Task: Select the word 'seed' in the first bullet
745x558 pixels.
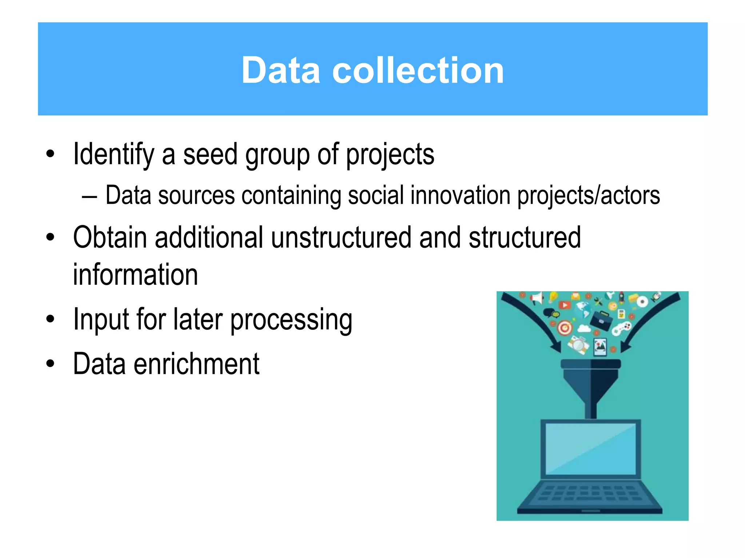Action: (x=210, y=154)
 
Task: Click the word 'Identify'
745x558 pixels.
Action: (x=113, y=155)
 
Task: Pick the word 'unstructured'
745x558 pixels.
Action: (x=341, y=238)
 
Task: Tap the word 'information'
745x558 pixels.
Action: (x=135, y=275)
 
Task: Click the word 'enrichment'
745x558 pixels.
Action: (x=196, y=364)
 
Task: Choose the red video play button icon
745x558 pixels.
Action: (x=565, y=305)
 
